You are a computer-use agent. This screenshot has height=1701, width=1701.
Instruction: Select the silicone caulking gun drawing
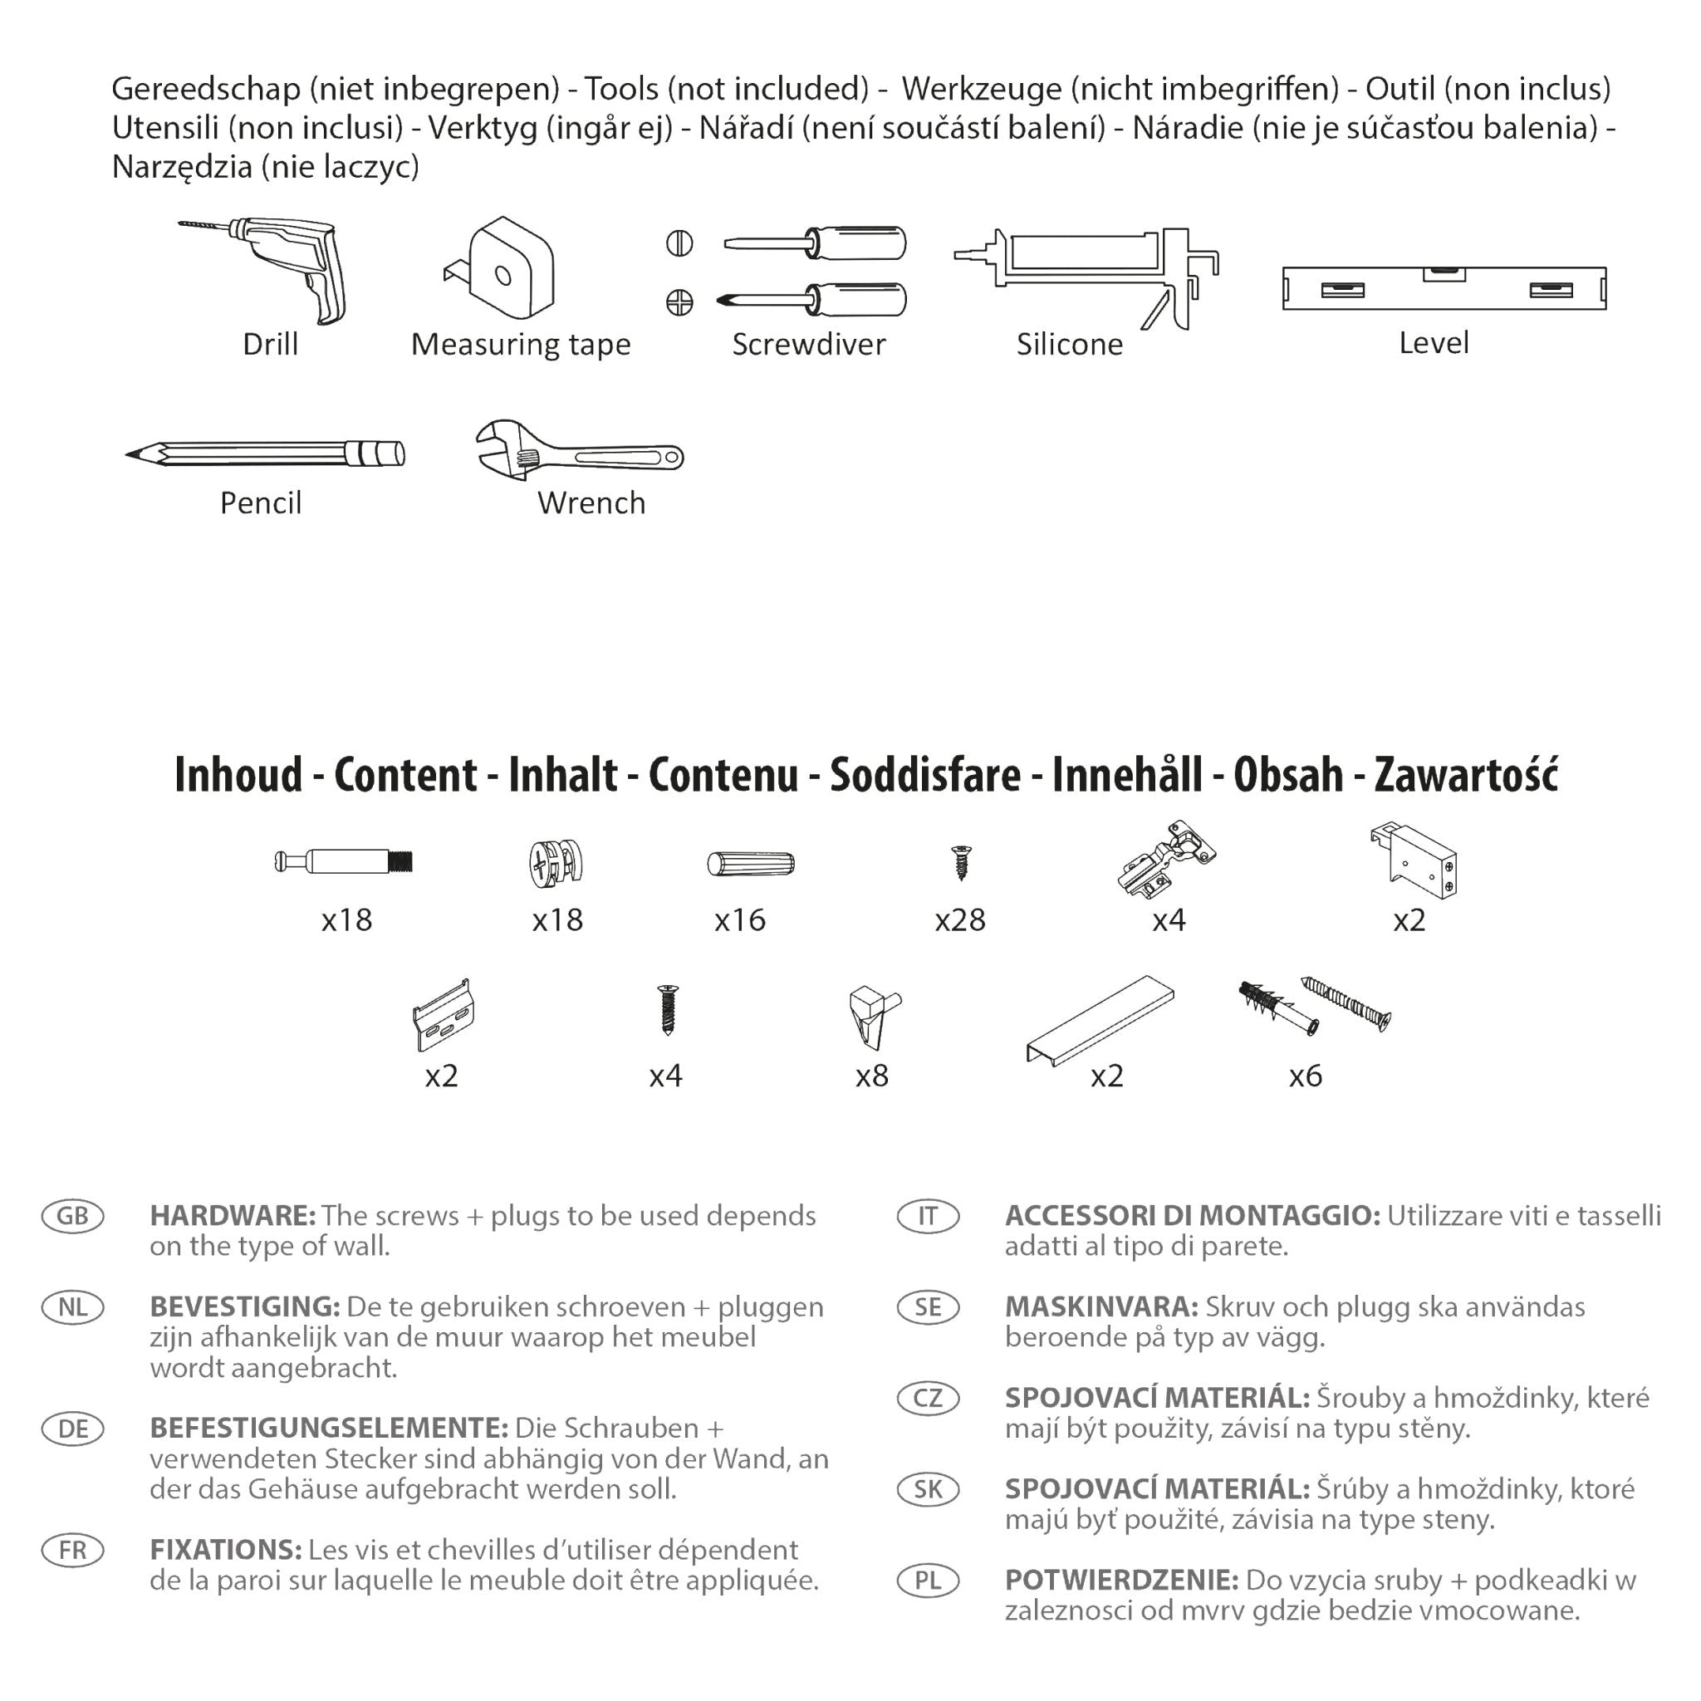(x=1086, y=268)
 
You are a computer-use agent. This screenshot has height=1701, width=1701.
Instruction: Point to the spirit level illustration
(x=1444, y=288)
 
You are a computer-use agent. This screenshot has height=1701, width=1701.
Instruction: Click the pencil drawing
(x=264, y=453)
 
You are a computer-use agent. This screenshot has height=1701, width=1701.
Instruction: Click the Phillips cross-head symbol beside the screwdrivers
(x=679, y=303)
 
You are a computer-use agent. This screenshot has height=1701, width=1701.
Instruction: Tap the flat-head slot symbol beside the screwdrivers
(x=679, y=243)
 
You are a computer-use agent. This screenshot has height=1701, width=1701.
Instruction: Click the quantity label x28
(x=959, y=921)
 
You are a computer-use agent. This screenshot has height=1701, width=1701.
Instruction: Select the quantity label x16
(x=739, y=921)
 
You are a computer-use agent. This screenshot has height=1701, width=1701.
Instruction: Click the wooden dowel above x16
(x=751, y=864)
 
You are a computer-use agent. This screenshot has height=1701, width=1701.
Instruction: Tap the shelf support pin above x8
(x=871, y=1015)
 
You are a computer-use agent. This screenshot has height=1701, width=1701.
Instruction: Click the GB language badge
(x=73, y=1216)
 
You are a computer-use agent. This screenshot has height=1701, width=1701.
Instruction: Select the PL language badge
(x=928, y=1581)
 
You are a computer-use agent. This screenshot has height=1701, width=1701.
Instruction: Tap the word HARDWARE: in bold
(x=233, y=1216)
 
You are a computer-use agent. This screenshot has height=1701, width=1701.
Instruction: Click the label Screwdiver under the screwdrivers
(x=808, y=344)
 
